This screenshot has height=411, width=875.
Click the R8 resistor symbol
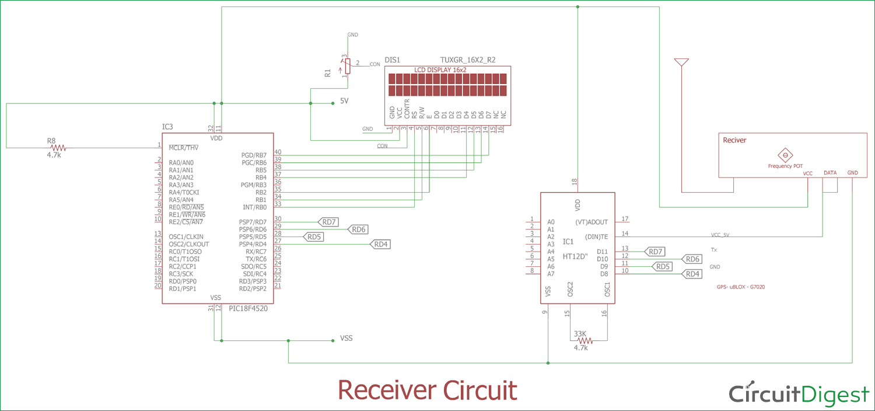58,148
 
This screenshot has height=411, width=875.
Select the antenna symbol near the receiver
681,62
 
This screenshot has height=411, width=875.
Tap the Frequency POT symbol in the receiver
785,155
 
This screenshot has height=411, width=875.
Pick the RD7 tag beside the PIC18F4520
329,222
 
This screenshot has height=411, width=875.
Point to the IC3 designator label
167,127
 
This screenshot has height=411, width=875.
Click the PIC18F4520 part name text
248,309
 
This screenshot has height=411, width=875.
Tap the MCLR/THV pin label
184,147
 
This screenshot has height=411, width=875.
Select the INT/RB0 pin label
254,207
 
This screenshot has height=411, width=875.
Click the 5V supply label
344,101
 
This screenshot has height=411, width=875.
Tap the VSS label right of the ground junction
346,338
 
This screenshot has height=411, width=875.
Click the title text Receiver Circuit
427,389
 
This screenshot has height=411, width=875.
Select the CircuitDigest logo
799,394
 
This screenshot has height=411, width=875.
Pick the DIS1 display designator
392,60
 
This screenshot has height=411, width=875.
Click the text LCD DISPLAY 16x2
440,69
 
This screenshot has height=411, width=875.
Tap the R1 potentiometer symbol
346,65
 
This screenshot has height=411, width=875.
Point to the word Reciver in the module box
734,140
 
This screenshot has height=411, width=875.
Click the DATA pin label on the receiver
829,173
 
